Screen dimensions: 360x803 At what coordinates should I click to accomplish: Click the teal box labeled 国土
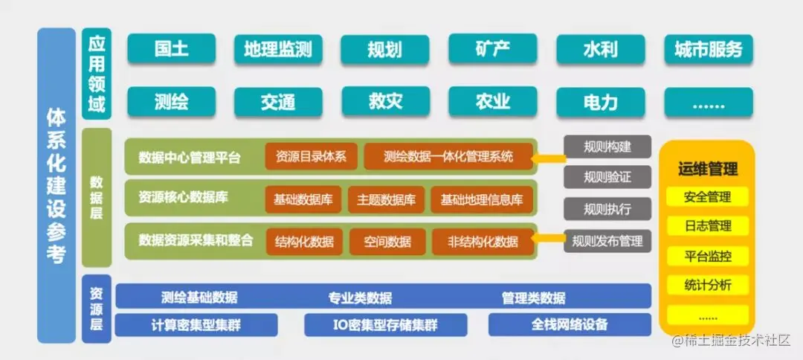[x=172, y=50]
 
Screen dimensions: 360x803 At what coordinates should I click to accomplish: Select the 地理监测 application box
[x=278, y=50]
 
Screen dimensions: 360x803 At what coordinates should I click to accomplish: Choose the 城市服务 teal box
[x=708, y=50]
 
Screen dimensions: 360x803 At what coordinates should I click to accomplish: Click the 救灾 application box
[x=385, y=102]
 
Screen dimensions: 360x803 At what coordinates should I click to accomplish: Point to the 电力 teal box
[x=599, y=102]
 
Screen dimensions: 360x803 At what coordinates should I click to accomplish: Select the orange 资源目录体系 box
[x=311, y=157]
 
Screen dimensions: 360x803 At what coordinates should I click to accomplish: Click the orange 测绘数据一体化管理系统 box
[x=448, y=157]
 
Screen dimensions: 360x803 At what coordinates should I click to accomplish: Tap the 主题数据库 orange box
[x=386, y=199]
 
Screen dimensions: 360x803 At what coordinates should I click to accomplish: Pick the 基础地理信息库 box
[x=481, y=199]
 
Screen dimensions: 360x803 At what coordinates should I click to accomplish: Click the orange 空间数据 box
[x=387, y=241]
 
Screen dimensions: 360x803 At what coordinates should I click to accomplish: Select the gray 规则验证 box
[x=607, y=177]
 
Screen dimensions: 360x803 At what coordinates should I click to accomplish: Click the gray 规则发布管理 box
[x=607, y=241]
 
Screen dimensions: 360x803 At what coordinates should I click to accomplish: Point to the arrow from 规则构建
[x=549, y=157]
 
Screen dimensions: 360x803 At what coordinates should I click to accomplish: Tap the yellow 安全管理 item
[x=708, y=197]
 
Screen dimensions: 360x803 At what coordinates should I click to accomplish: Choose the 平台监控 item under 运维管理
[x=708, y=257]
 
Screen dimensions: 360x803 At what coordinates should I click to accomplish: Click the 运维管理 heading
[x=708, y=170]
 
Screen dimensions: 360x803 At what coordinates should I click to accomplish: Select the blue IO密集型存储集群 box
[x=385, y=325]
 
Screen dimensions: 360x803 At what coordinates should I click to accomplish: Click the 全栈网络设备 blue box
[x=570, y=325]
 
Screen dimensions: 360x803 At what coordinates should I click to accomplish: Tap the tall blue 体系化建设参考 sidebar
[x=56, y=186]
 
